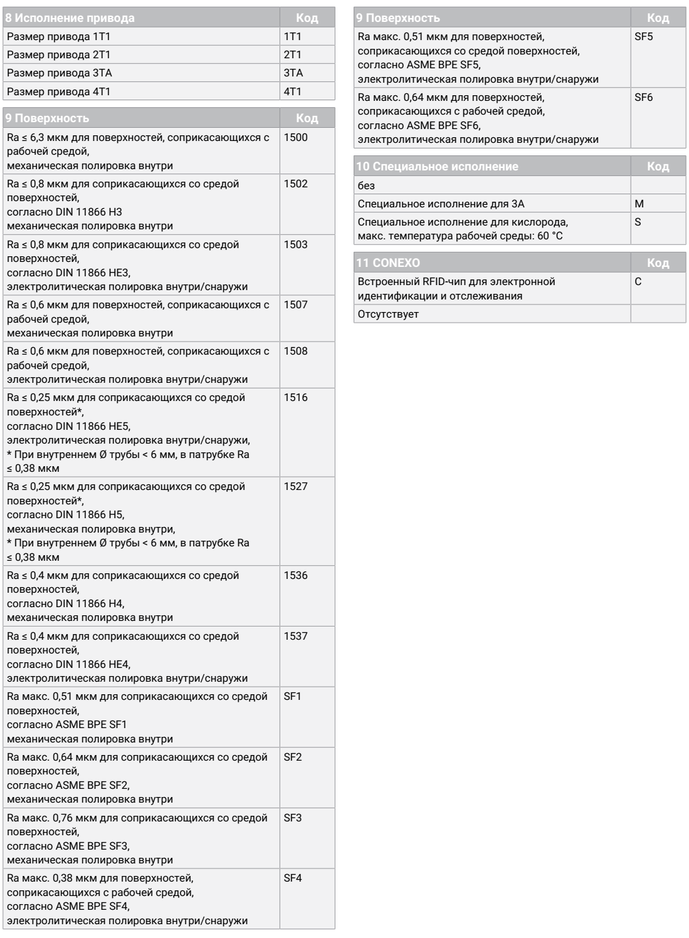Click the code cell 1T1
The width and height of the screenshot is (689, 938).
293,36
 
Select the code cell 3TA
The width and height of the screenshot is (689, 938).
293,73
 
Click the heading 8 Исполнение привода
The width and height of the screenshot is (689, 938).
70,18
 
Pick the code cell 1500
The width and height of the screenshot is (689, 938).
296,137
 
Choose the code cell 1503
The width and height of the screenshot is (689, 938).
296,244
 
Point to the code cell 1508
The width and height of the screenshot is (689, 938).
296,352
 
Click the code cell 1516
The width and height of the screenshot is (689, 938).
296,398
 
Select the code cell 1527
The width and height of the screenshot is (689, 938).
296,487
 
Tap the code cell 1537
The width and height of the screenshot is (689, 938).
296,636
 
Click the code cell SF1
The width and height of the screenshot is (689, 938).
293,697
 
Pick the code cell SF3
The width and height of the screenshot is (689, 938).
293,818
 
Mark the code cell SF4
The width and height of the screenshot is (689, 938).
293,878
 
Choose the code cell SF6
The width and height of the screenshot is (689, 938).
644,97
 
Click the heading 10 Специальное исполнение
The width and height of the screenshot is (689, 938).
438,167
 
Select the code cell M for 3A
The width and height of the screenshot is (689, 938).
639,204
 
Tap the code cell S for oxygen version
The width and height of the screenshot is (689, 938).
638,222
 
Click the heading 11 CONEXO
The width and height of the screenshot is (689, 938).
388,263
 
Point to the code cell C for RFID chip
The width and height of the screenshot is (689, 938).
638,282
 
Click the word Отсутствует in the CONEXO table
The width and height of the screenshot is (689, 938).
387,314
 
